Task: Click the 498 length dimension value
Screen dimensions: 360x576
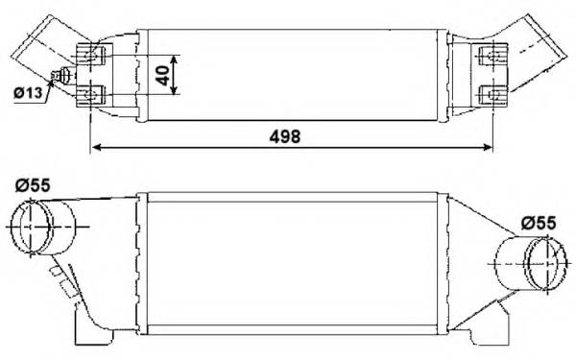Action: click(285, 135)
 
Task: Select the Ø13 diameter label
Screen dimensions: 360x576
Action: click(28, 93)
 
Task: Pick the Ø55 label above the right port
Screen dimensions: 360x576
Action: click(539, 222)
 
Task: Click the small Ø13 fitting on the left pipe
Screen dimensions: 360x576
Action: click(66, 77)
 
